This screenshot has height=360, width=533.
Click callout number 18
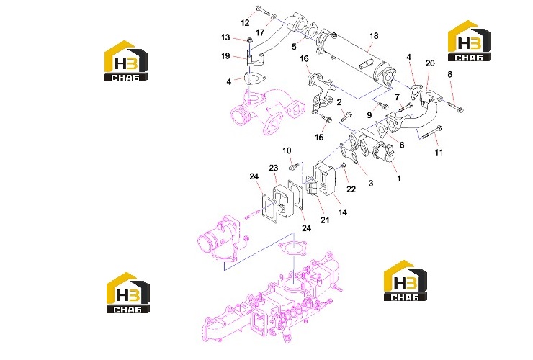click(x=374, y=36)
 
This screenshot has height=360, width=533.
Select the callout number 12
click(x=245, y=23)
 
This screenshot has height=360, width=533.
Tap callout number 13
click(x=225, y=37)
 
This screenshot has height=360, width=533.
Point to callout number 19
click(x=225, y=55)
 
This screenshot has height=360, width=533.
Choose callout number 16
click(x=304, y=59)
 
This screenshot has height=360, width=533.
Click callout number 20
click(x=430, y=63)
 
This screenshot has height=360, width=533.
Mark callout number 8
click(x=449, y=74)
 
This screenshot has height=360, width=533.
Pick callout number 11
click(x=439, y=153)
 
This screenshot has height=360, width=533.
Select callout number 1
click(x=399, y=179)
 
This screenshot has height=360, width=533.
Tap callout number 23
click(x=274, y=168)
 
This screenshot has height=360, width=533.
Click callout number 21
click(x=325, y=220)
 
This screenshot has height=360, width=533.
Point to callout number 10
click(x=287, y=150)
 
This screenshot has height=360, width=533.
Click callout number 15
click(x=319, y=138)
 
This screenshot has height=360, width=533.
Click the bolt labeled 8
click(x=454, y=107)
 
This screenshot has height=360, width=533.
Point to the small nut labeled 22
click(x=343, y=166)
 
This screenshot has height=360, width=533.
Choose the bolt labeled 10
click(x=294, y=166)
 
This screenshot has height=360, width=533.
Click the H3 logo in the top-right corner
click(x=469, y=41)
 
